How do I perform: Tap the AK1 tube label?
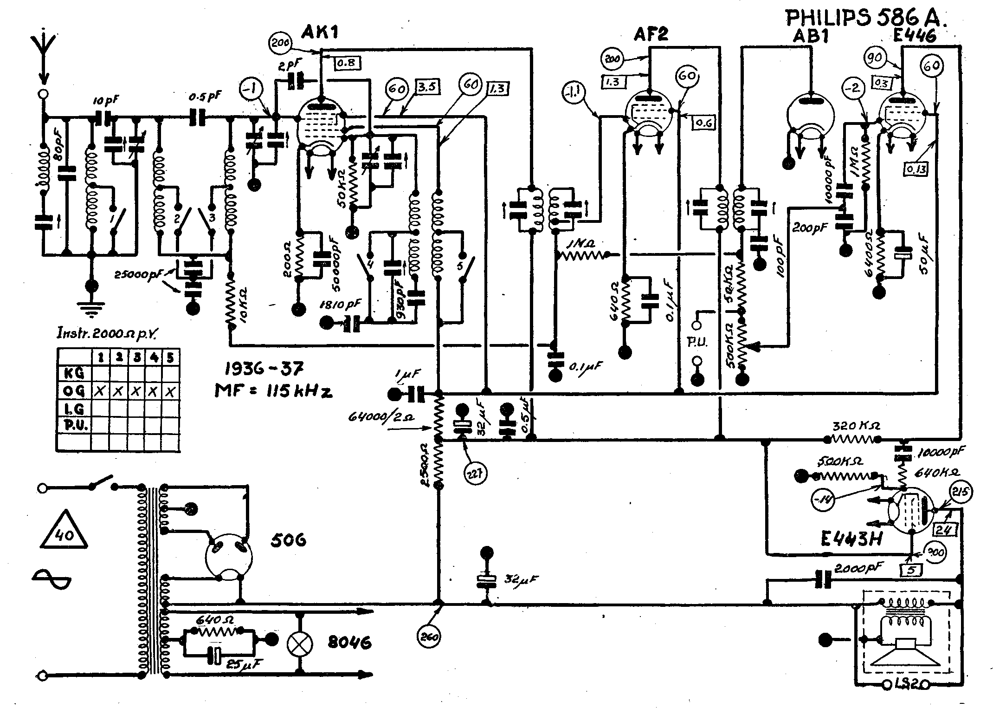pyautogui.click(x=320, y=32)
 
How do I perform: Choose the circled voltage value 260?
pyautogui.click(x=429, y=637)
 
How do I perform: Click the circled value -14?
pyautogui.click(x=824, y=500)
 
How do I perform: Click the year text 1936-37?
pyautogui.click(x=264, y=369)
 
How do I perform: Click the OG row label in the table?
pyautogui.click(x=74, y=391)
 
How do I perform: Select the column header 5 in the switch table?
pyautogui.click(x=171, y=358)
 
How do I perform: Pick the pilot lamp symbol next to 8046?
pyautogui.click(x=300, y=643)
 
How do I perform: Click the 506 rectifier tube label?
pyautogui.click(x=288, y=541)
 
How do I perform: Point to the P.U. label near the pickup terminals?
pyautogui.click(x=696, y=343)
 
